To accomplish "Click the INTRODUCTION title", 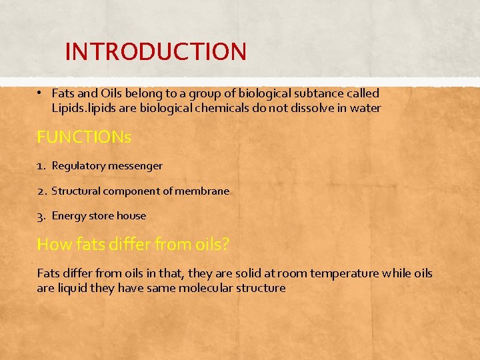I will pos(156,51).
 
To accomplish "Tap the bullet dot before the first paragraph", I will pos(41,93).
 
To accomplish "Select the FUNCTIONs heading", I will pos(84,137).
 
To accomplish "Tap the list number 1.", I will pos(41,165).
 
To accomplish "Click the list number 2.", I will pos(41,191).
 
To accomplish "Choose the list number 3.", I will pos(41,216).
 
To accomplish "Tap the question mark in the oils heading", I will pos(225,244).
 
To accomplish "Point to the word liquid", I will pos(73,288).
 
